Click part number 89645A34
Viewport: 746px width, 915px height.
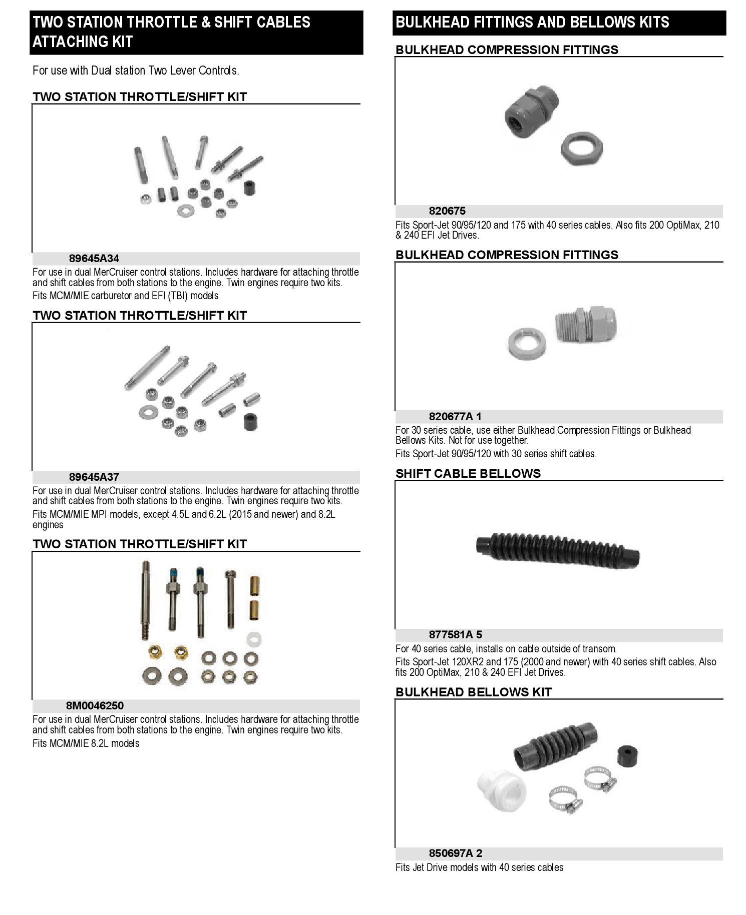coord(94,259)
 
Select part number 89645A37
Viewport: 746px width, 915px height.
coord(94,477)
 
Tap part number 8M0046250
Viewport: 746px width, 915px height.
coord(95,706)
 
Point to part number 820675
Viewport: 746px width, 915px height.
coord(447,211)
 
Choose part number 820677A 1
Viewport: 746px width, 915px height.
coord(455,417)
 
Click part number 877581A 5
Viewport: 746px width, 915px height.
coord(455,635)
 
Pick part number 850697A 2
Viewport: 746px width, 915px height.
coord(455,853)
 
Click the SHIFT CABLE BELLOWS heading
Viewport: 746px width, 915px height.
coord(468,474)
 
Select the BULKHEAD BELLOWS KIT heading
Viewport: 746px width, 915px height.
coord(473,692)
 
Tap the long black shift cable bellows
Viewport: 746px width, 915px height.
coord(557,550)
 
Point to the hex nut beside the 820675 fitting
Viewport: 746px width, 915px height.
coord(581,149)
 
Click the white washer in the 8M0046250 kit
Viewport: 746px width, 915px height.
coord(254,639)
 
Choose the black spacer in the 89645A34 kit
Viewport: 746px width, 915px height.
coord(248,188)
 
